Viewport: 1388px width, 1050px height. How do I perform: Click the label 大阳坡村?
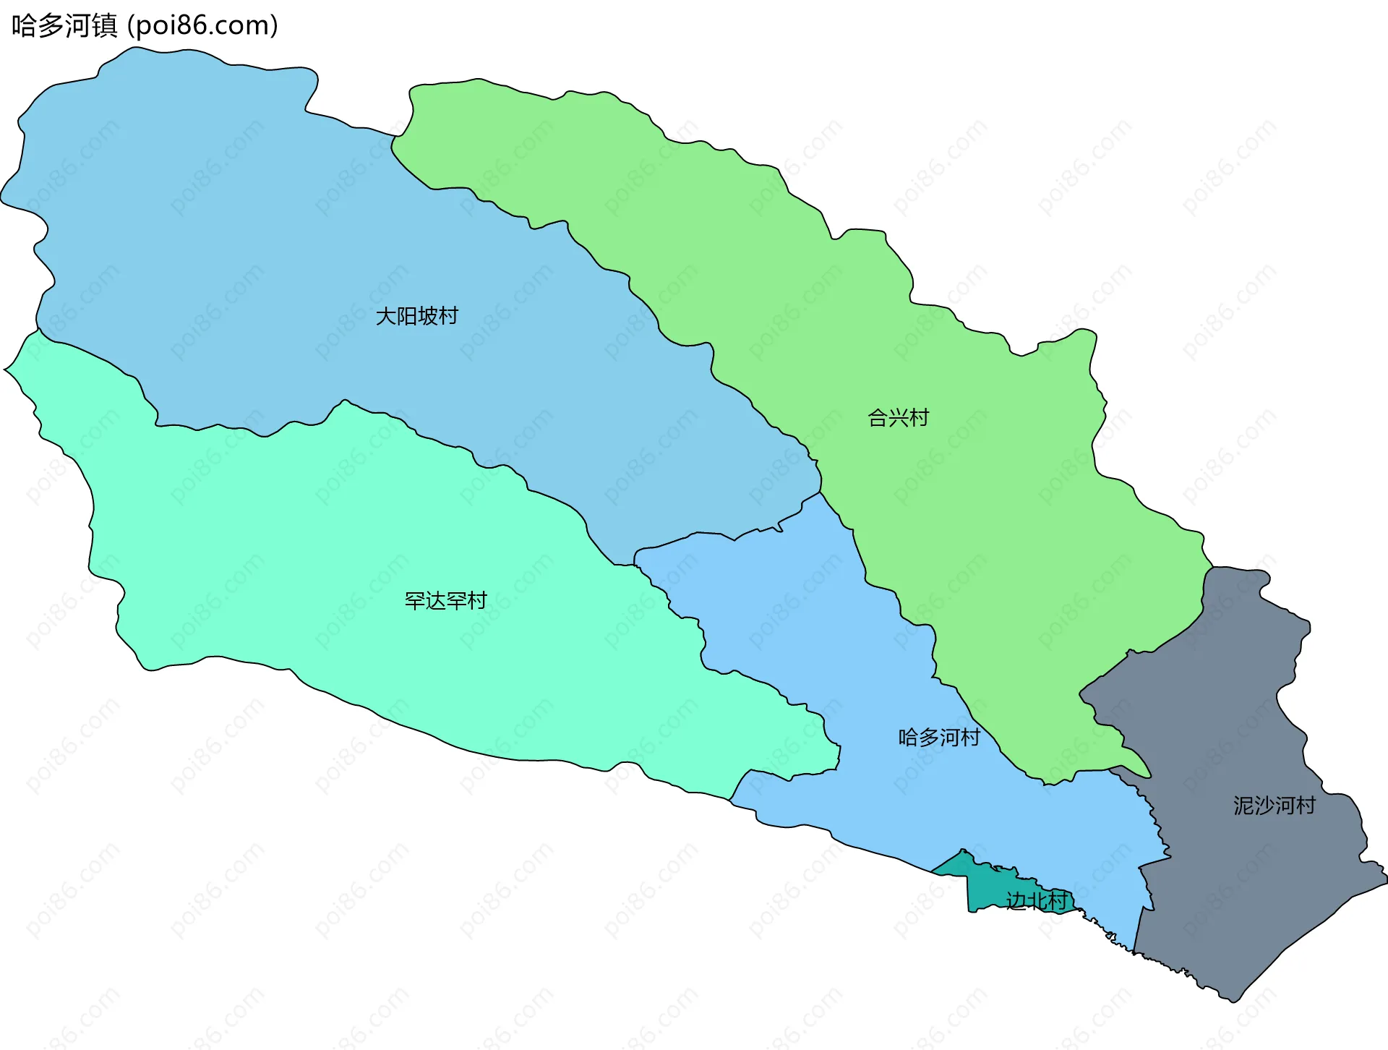point(416,316)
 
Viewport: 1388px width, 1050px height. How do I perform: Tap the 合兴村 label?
point(898,418)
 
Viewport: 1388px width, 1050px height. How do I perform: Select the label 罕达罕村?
point(445,601)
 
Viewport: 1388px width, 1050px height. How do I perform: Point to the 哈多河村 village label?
point(938,738)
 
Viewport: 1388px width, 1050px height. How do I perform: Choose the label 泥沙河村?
point(1274,806)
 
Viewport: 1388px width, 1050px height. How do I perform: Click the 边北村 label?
point(1036,901)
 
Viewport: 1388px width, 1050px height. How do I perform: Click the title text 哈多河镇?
point(64,26)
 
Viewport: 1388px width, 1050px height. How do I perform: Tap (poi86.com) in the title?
point(202,26)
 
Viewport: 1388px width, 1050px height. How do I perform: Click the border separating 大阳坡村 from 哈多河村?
point(723,535)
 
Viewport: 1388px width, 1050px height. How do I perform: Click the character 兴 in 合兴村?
point(898,418)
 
